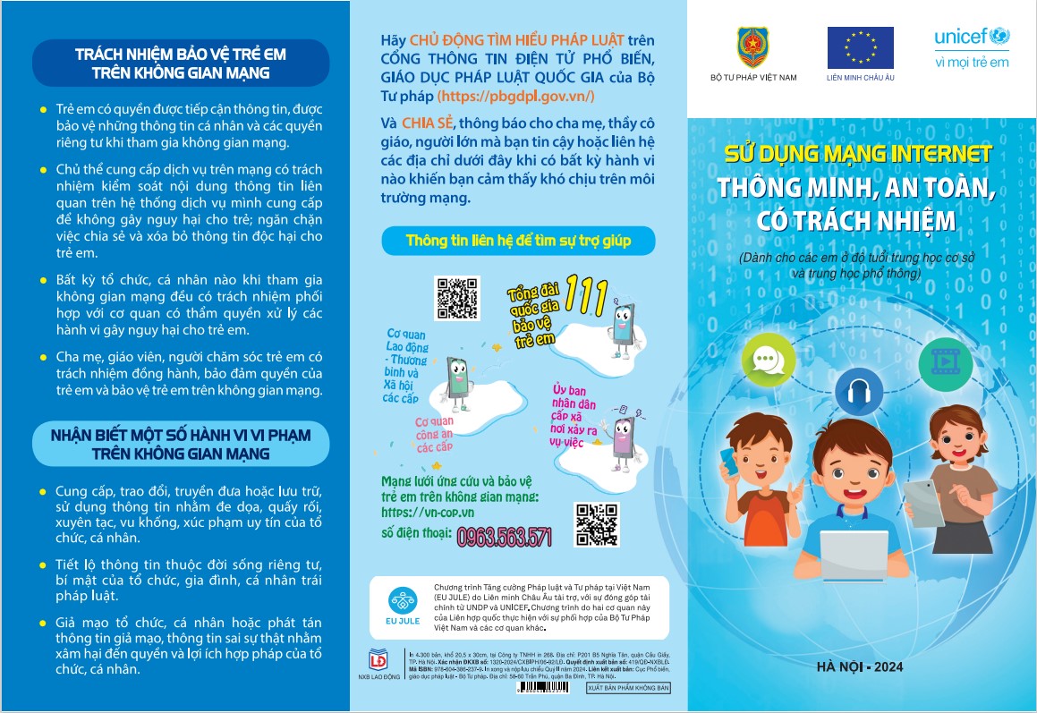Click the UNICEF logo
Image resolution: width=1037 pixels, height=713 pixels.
click(971, 47)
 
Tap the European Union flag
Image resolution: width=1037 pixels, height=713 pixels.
click(860, 47)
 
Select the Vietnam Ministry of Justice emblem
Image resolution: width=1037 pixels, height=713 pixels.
click(752, 47)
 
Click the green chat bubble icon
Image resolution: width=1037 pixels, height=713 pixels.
click(768, 360)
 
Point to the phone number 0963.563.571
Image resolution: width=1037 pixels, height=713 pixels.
click(504, 536)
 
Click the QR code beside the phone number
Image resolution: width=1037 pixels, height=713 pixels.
click(597, 524)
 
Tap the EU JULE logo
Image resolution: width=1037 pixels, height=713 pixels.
click(402, 605)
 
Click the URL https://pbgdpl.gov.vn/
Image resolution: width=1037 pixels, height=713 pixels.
click(515, 96)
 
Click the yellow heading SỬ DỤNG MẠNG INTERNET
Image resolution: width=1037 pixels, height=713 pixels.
click(858, 153)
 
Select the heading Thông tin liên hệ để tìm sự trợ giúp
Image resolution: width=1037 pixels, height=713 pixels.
click(518, 241)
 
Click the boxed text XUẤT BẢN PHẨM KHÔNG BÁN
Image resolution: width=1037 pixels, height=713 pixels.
click(628, 688)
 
